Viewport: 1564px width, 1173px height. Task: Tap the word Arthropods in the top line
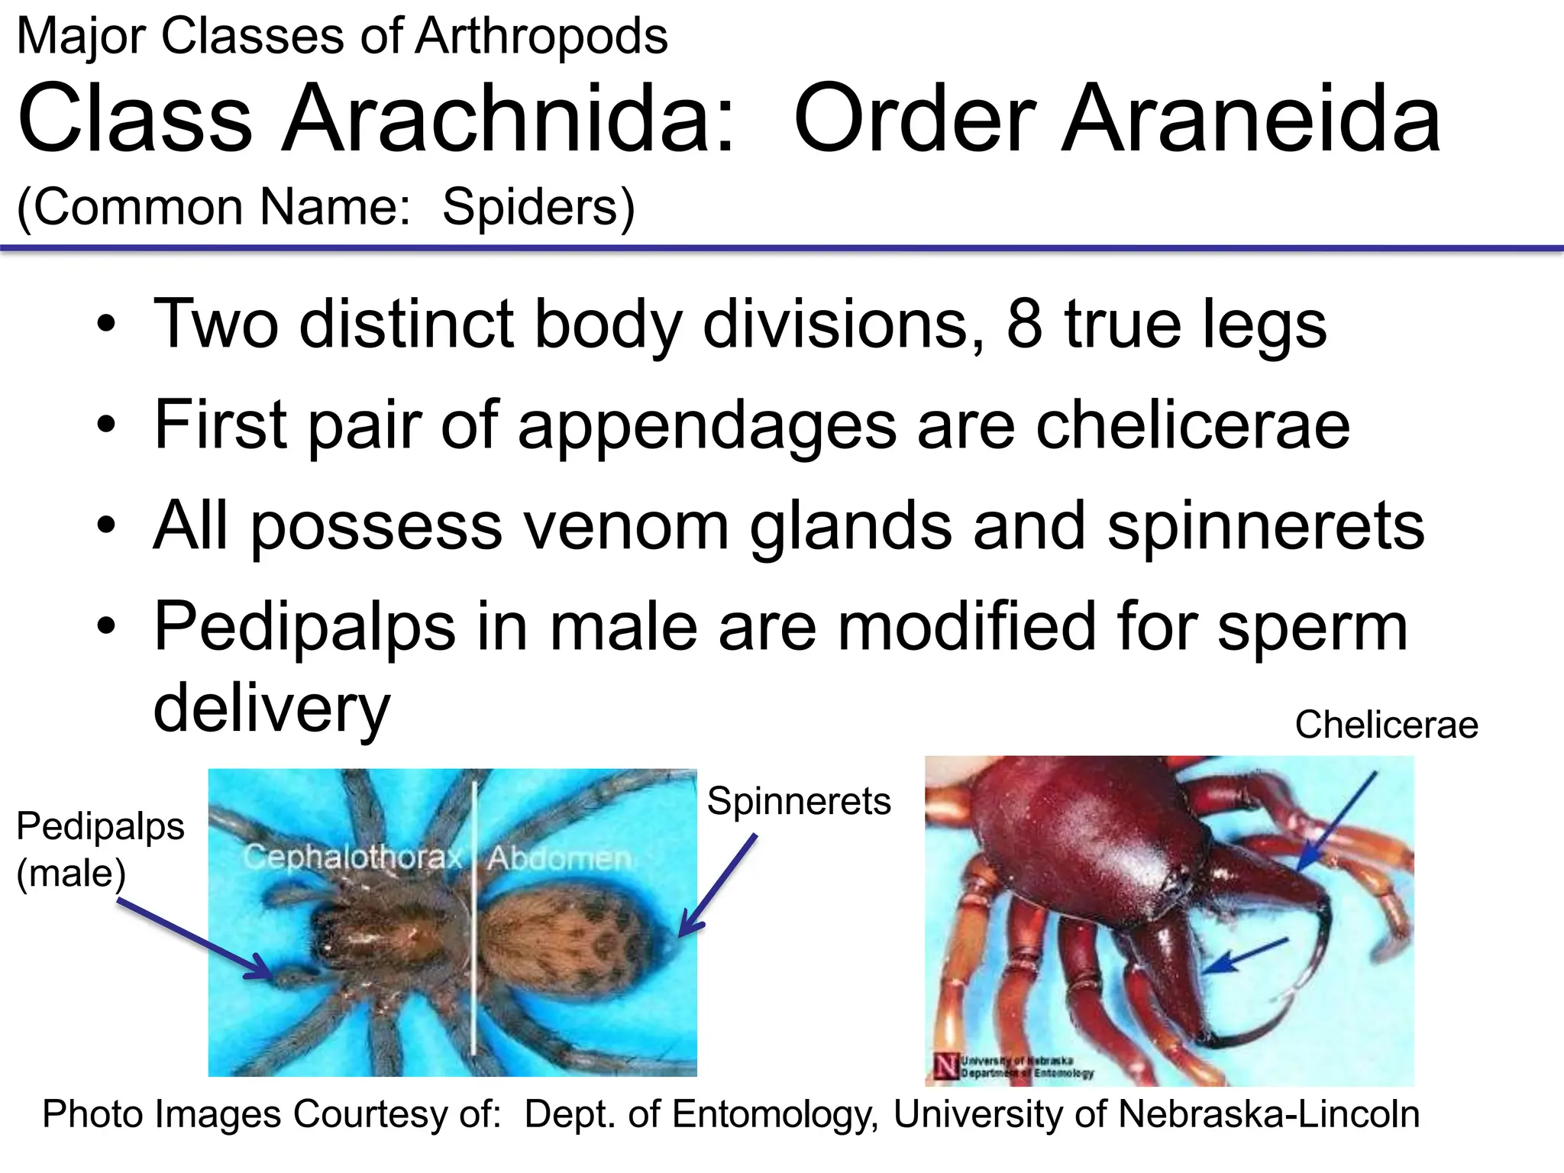(541, 36)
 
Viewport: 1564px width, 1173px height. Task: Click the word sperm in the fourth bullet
(1312, 626)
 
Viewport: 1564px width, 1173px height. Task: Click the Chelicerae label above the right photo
(1386, 725)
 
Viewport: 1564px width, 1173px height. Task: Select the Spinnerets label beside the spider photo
(799, 801)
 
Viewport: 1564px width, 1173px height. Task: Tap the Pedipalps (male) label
(100, 849)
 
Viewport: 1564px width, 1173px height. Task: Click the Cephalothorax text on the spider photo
(353, 858)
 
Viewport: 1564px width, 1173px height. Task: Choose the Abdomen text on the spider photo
(560, 858)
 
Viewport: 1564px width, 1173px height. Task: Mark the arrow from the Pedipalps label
(195, 939)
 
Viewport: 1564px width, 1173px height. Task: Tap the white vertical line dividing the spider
(473, 916)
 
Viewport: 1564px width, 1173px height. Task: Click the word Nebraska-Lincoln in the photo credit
(1268, 1114)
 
